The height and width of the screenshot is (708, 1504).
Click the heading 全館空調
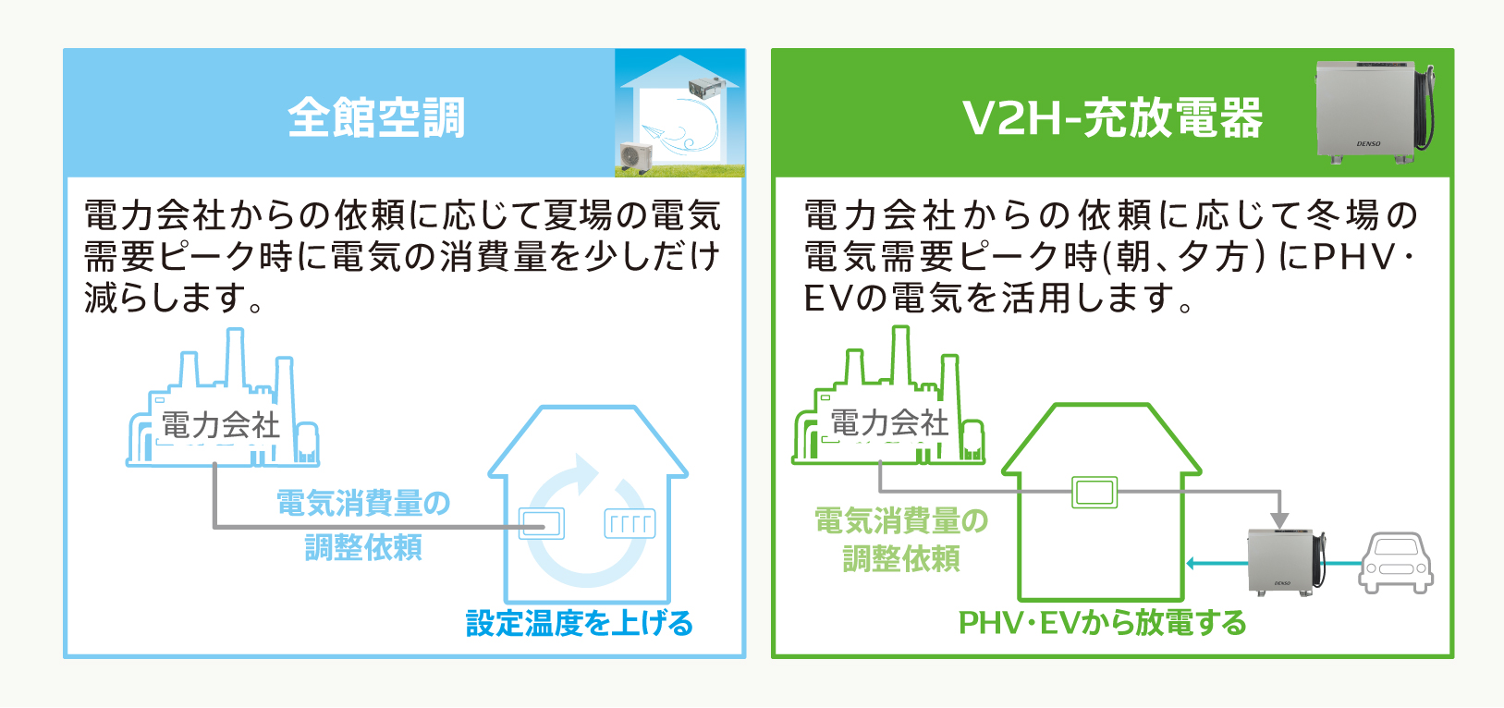click(x=376, y=118)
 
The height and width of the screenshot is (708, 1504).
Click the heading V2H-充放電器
click(x=1113, y=118)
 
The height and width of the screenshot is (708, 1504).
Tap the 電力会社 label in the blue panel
click(x=221, y=425)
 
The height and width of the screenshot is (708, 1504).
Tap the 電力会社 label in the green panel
click(x=889, y=422)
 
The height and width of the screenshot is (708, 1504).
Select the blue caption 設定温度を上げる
click(x=580, y=623)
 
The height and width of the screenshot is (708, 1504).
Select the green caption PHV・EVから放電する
click(x=1102, y=623)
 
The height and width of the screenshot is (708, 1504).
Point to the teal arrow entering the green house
click(x=1217, y=563)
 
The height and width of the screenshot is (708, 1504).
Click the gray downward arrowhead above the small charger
click(x=1279, y=520)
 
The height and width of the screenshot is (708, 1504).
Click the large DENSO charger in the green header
click(x=1374, y=112)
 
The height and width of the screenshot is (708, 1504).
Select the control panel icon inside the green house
click(x=1094, y=492)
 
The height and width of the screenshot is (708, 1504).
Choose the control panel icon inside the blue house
click(x=541, y=523)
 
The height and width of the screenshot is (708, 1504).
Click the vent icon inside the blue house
click(x=630, y=523)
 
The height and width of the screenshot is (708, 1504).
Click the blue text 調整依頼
click(x=363, y=547)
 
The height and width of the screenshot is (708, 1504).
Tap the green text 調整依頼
click(x=901, y=558)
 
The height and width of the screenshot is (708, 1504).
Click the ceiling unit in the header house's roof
click(x=707, y=87)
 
